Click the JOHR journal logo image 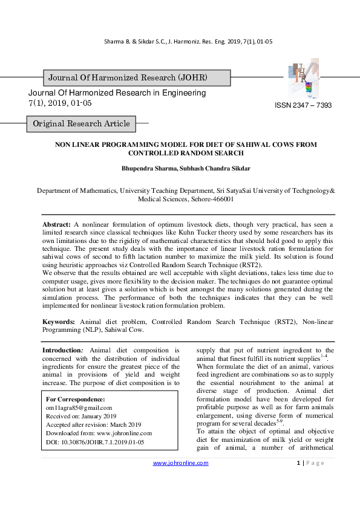[301, 79]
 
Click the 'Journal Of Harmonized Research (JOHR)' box [128, 78]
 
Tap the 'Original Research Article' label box [81, 124]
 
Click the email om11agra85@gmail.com [79, 407]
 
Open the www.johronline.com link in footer [180, 463]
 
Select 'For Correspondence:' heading [76, 399]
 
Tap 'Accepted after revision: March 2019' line [93, 424]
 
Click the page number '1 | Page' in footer [310, 463]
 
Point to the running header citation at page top [180, 41]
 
